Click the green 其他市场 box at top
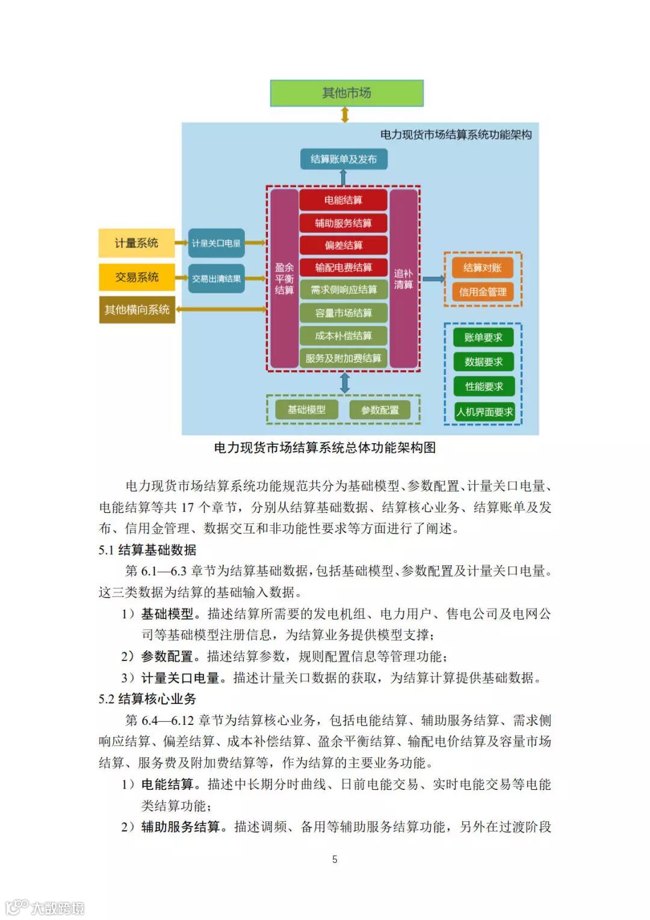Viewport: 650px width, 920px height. pos(347,93)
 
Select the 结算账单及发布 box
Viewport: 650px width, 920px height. pos(344,159)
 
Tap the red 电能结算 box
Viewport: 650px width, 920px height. pos(343,200)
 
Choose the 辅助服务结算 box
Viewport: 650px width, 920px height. pos(343,223)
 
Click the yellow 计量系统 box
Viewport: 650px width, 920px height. pos(137,243)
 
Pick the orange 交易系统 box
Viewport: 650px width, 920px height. pos(137,277)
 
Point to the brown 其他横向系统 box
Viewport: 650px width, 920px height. pos(137,309)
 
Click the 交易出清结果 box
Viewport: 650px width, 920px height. pos(216,279)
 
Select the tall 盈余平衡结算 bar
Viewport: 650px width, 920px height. pos(284,278)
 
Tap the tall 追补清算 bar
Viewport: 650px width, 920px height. pos(403,278)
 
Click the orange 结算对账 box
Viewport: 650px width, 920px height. pos(483,267)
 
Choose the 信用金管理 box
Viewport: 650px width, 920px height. pos(483,292)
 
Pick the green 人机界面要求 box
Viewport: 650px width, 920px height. pos(484,412)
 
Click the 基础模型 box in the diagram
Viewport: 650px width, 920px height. pos(306,409)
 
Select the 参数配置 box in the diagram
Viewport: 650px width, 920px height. pos(380,410)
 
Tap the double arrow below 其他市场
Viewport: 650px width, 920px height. pos(345,114)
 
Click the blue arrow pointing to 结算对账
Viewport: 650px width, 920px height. pos(433,279)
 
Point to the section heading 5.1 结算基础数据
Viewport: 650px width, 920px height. pos(147,550)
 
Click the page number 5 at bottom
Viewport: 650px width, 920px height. pos(335,859)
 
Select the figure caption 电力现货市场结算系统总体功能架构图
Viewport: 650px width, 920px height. pos(325,447)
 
